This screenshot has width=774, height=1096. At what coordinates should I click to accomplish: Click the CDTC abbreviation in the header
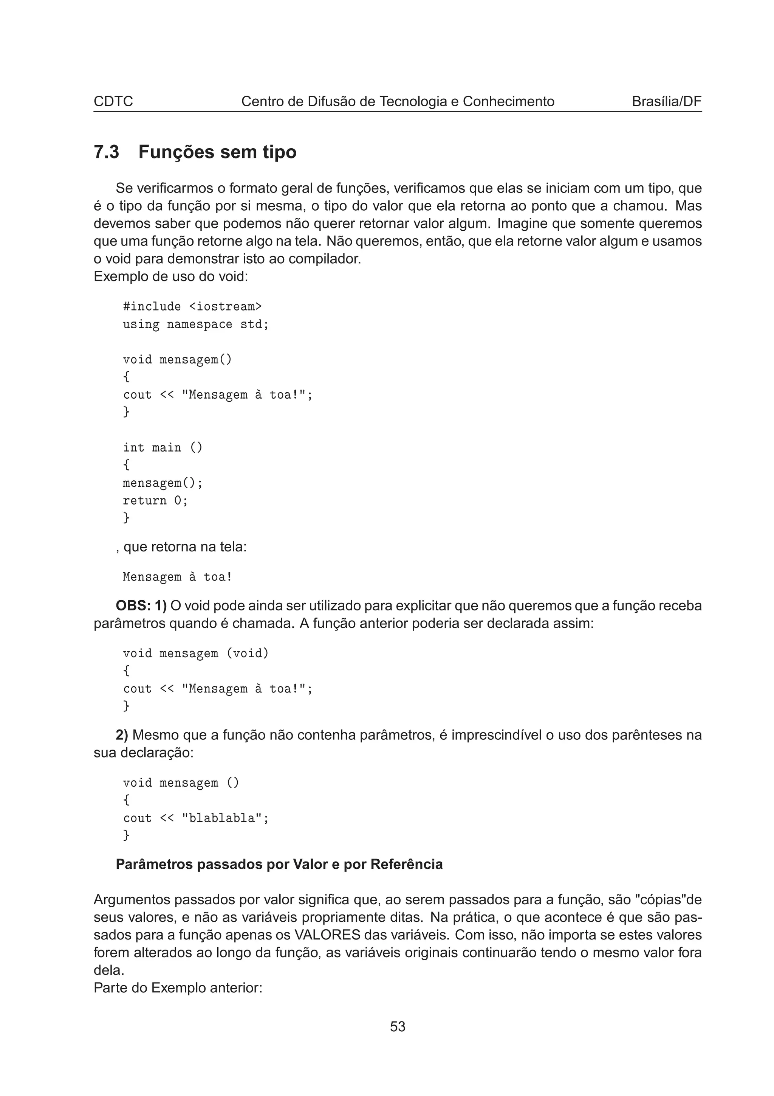(113, 101)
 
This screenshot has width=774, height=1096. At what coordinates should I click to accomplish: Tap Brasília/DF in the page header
(666, 101)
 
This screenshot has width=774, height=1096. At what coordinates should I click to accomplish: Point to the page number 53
(397, 1026)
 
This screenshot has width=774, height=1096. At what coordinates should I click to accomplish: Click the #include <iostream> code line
(192, 306)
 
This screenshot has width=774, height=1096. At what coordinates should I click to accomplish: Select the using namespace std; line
(195, 324)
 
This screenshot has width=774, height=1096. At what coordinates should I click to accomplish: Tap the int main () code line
(163, 448)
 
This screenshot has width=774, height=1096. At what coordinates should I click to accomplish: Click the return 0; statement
(155, 501)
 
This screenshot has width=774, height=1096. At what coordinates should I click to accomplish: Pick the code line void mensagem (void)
(195, 654)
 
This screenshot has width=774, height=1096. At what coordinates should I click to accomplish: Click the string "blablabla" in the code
(222, 818)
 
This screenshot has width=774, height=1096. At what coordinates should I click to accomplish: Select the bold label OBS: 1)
(141, 606)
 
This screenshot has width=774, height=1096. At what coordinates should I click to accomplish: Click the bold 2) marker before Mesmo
(122, 735)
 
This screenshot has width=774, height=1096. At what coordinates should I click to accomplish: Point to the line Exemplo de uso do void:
(171, 276)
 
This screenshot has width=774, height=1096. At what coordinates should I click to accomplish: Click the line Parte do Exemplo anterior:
(178, 987)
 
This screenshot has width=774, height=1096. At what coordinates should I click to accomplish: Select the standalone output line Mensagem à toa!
(177, 577)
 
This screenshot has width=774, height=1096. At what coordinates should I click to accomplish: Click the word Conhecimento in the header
(508, 101)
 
